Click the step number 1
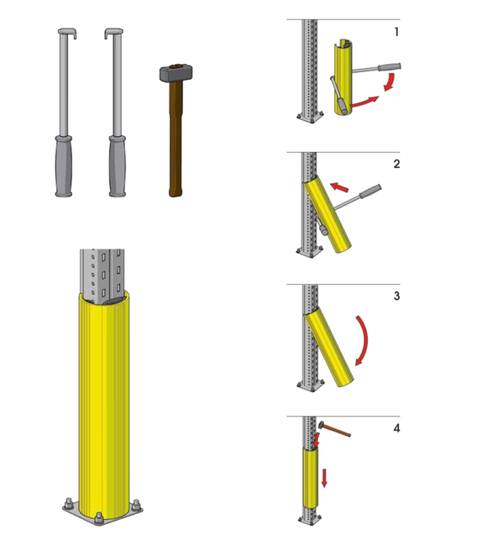pyautogui.click(x=397, y=32)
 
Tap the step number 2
pyautogui.click(x=397, y=164)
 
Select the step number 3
pyautogui.click(x=397, y=296)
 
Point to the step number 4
pyautogui.click(x=397, y=428)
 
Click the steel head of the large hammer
pyautogui.click(x=175, y=72)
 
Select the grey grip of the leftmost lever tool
pyautogui.click(x=64, y=166)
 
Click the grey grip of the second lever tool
pyautogui.click(x=118, y=166)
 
